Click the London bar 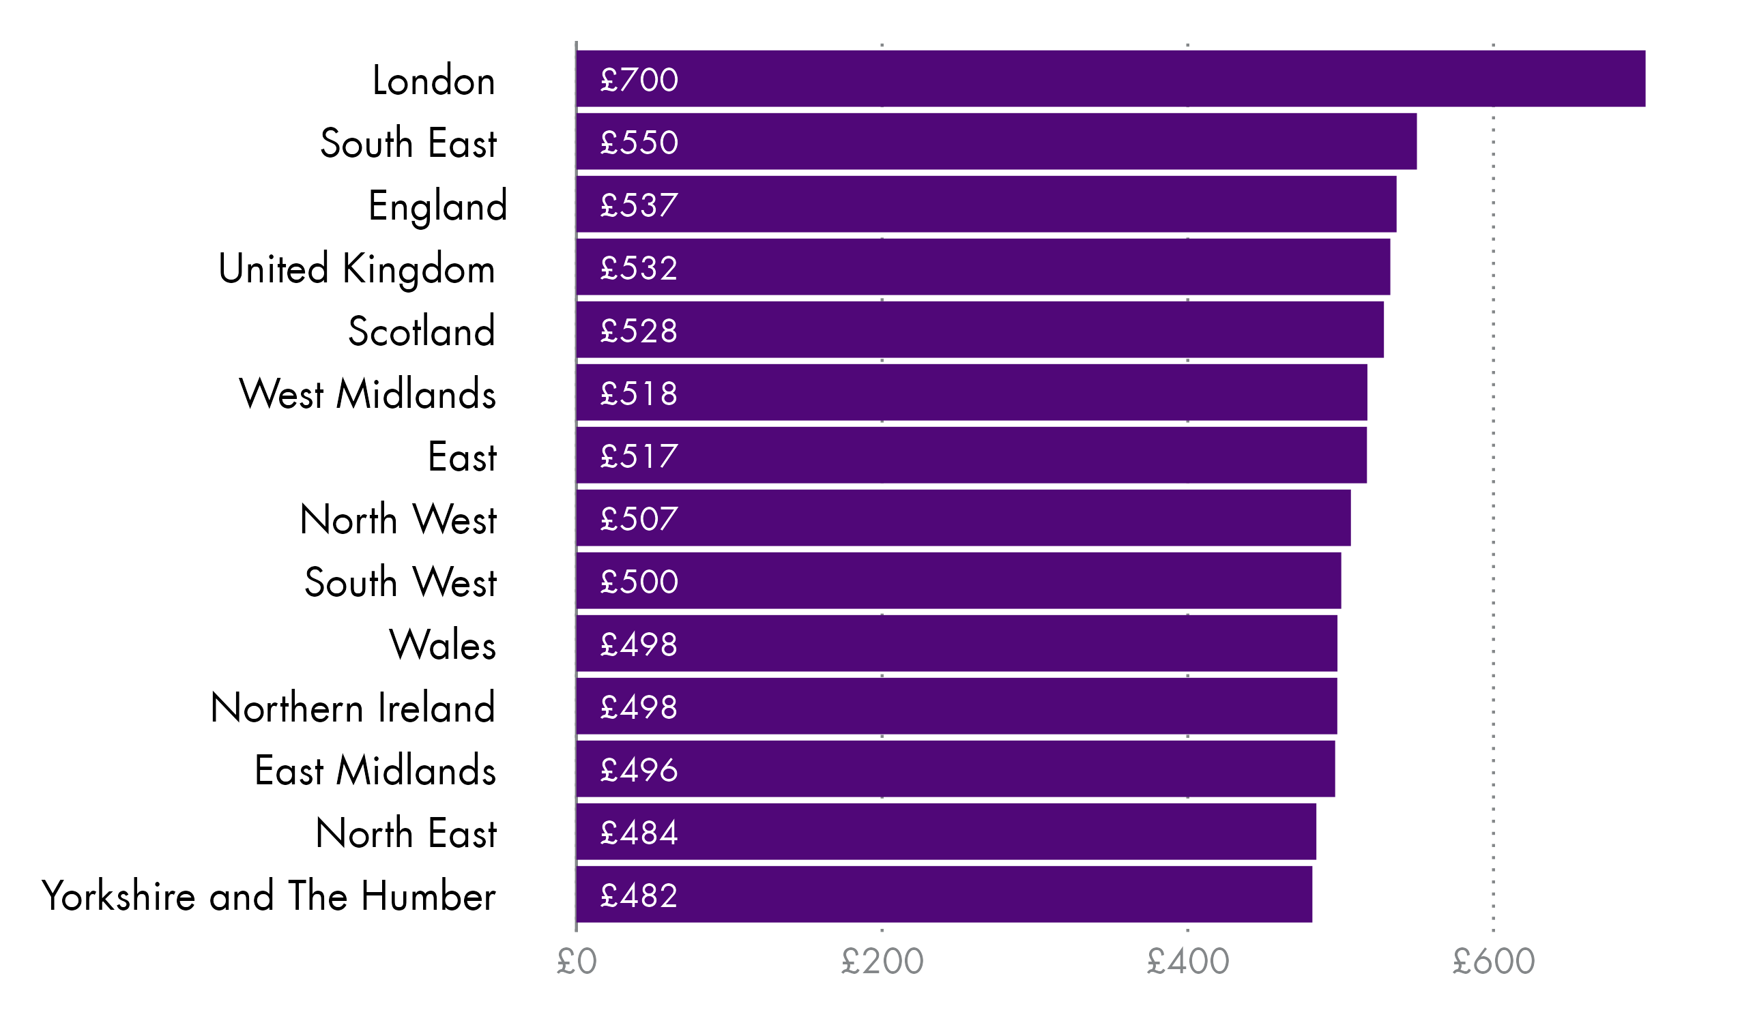[1110, 78]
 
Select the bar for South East [996, 141]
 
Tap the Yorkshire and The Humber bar [944, 895]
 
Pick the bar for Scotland [980, 330]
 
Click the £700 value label [639, 79]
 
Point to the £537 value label [639, 205]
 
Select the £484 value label [639, 833]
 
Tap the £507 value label [639, 518]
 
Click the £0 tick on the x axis [577, 962]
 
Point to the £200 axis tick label [882, 962]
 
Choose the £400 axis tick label [1187, 962]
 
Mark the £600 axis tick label [1493, 962]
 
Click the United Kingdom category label [356, 269]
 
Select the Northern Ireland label [353, 707]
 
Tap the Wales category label [443, 644]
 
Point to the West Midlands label [367, 394]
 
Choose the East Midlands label [375, 771]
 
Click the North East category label [406, 833]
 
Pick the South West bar [959, 580]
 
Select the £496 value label [639, 770]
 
